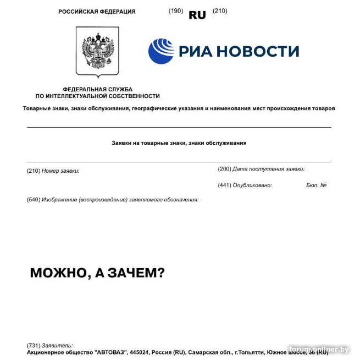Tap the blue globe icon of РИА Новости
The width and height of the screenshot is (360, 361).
click(160, 51)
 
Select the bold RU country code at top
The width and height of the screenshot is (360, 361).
click(197, 15)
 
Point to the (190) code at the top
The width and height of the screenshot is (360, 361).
click(175, 11)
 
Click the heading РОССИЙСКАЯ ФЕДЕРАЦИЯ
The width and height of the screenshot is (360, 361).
click(97, 12)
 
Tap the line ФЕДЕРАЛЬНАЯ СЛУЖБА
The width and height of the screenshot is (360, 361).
click(97, 89)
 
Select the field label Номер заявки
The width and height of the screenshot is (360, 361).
click(60, 171)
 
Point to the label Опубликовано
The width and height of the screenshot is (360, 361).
click(252, 185)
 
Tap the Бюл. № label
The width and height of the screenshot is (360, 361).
click(317, 185)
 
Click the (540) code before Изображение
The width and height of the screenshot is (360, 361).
click(34, 200)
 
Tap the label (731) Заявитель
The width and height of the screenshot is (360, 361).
click(49, 346)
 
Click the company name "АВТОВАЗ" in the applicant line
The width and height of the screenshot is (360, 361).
click(110, 352)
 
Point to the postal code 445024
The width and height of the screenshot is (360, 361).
click(141, 352)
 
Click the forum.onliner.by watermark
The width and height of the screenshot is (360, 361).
click(319, 349)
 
